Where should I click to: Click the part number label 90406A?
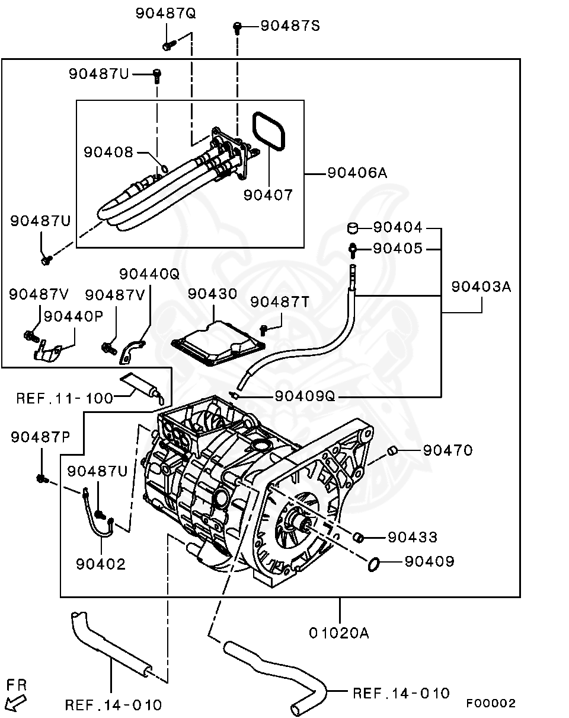pyautogui.click(x=357, y=173)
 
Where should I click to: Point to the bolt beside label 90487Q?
pyautogui.click(x=168, y=44)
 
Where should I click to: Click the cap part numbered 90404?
pyautogui.click(x=353, y=228)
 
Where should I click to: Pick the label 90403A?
pyautogui.click(x=481, y=287)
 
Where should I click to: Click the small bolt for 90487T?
pyautogui.click(x=264, y=328)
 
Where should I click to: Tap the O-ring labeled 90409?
pyautogui.click(x=373, y=564)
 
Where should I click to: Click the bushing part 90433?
pyautogui.click(x=359, y=538)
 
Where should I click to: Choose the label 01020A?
pyautogui.click(x=339, y=633)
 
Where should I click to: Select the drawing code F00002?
pyautogui.click(x=490, y=703)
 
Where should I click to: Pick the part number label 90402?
pyautogui.click(x=101, y=564)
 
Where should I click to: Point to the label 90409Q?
pyautogui.click(x=305, y=396)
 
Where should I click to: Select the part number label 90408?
pyautogui.click(x=108, y=153)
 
